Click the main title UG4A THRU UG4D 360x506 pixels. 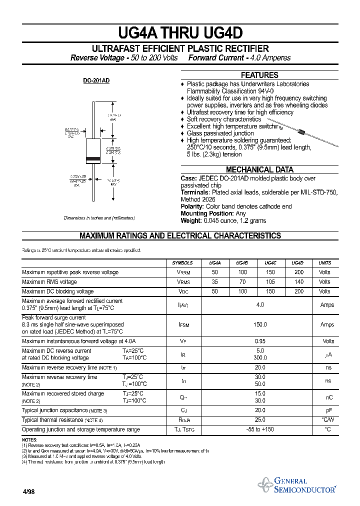[180, 33]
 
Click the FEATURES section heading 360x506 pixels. [259, 75]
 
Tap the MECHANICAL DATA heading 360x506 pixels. [259, 169]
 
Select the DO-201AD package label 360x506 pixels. [96, 81]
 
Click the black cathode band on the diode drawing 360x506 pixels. [93, 159]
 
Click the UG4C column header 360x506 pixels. [270, 262]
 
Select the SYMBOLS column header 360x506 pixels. [182, 262]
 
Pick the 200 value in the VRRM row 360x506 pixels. [299, 272]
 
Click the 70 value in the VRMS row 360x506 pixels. [242, 282]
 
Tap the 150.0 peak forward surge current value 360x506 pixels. [260, 324]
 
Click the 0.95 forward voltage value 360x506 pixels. [260, 341]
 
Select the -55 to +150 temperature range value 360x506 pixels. [260, 429]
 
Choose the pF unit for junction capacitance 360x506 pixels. [328, 410]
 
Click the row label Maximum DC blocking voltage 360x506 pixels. [58, 291]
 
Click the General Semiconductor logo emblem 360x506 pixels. [264, 484]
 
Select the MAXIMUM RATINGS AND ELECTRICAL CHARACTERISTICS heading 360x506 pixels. [180, 236]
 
